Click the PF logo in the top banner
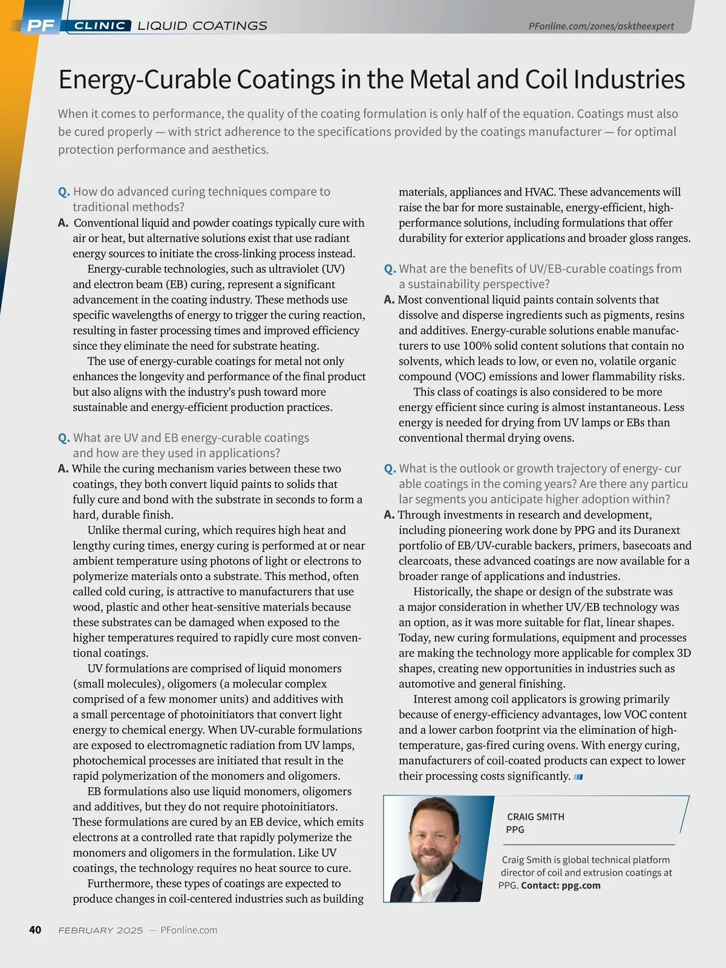[x=41, y=25]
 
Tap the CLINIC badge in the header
[x=100, y=25]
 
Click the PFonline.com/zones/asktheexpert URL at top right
[x=601, y=26]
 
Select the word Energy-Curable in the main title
[x=145, y=80]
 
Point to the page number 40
[x=35, y=930]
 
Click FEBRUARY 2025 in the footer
[x=100, y=930]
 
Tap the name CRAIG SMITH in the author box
[x=535, y=817]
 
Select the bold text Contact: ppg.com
[x=560, y=886]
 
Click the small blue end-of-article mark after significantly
[x=578, y=777]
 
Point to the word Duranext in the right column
[x=656, y=531]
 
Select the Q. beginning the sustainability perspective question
[x=390, y=269]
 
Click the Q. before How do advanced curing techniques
[x=64, y=192]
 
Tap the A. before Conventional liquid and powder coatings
[x=63, y=223]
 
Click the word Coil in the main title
[x=547, y=80]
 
